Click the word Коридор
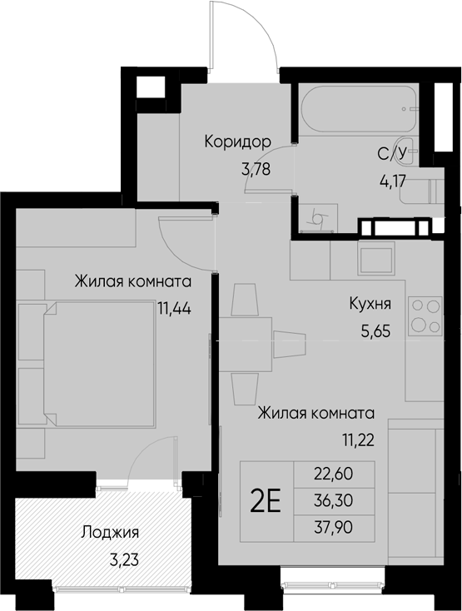(237, 142)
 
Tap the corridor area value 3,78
(256, 170)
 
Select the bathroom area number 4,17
(393, 181)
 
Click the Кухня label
(370, 303)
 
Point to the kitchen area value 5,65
(375, 331)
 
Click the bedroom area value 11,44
(175, 309)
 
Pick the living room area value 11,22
(359, 440)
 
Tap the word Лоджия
(110, 532)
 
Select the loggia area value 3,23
(124, 560)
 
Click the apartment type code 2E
(266, 502)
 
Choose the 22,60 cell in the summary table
(334, 474)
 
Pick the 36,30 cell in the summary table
(334, 501)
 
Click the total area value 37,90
(334, 528)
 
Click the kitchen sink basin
(376, 260)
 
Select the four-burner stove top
(425, 316)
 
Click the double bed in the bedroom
(99, 364)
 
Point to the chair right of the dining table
(290, 345)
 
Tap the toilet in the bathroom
(420, 191)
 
